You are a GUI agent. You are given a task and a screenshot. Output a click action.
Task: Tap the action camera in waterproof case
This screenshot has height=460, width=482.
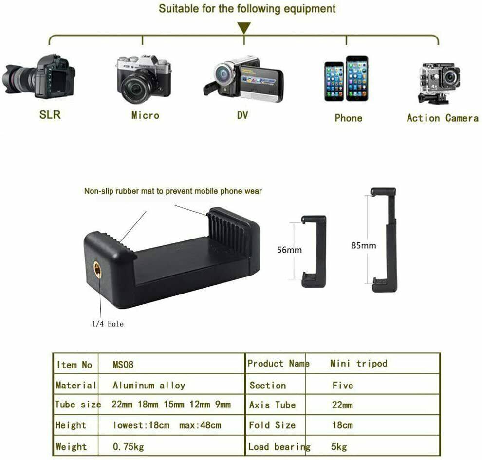pos(439,83)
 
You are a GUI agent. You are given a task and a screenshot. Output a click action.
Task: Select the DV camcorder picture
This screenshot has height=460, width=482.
pos(243,79)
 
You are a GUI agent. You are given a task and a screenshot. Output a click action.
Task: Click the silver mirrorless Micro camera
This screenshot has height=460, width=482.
pos(144,79)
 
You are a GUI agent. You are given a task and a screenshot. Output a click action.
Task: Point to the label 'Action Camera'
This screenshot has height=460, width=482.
pos(442,118)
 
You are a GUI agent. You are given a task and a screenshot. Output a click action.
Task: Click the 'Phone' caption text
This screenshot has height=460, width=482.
pos(348,118)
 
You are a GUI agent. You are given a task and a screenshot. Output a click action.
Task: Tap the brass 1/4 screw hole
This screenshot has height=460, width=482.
pos(97,269)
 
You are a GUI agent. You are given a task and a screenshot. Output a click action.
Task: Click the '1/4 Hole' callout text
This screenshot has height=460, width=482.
pos(108,324)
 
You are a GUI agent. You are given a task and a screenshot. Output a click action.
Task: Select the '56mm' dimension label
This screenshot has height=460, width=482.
pos(289,250)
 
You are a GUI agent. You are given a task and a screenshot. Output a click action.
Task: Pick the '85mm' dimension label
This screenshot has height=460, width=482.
pos(364,245)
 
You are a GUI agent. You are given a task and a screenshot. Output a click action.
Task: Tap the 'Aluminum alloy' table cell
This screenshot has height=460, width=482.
pos(149,385)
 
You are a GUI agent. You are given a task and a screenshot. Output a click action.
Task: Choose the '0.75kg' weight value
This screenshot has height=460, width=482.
pos(128,446)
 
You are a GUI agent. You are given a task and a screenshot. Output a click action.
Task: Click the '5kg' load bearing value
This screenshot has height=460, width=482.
pos(339,446)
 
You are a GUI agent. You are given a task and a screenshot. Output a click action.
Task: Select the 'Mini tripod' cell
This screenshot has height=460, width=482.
pos(358,364)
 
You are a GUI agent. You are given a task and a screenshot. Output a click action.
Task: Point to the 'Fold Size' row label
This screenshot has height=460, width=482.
pos(272,425)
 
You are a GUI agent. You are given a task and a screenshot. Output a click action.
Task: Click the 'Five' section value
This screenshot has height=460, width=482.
pos(342,385)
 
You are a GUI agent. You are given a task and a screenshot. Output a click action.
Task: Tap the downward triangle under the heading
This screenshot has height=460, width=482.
pos(243,28)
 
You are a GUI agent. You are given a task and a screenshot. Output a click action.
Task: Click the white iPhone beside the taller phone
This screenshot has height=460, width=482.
pos(334,81)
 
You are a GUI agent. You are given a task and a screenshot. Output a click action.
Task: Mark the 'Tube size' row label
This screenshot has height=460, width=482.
pos(78,405)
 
